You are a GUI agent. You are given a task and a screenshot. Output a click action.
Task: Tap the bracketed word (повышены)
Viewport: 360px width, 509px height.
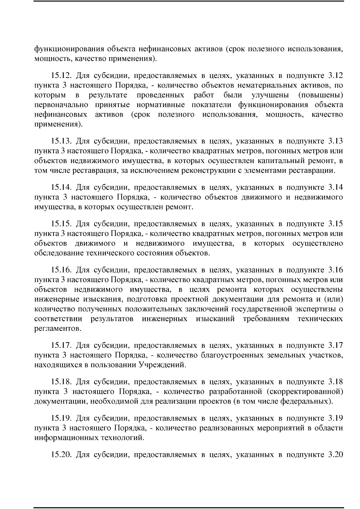click(x=321, y=95)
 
